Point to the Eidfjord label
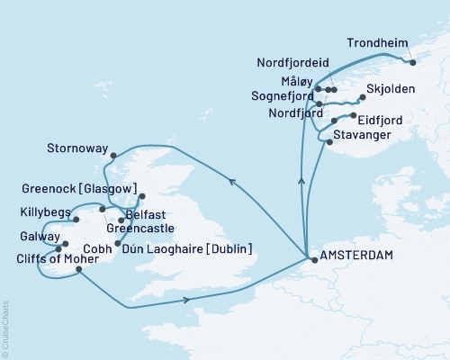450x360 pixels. pos(381,118)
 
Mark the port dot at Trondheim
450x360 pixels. pos(412,62)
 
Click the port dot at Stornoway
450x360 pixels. pos(112,155)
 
